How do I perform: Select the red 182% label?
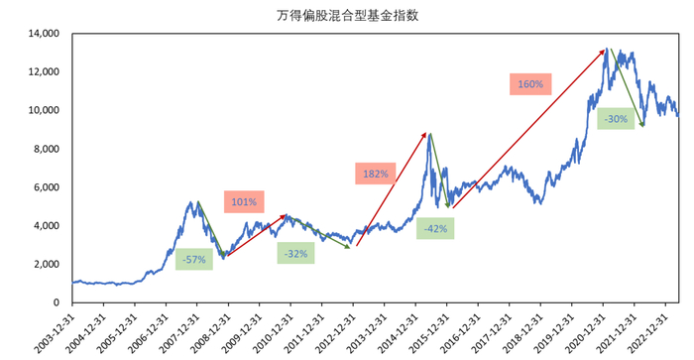376,174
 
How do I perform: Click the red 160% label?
529,84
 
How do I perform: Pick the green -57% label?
193,259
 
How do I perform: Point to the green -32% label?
296,253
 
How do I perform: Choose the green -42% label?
435,229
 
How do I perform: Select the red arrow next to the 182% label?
392,188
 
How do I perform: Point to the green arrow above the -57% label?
211,229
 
